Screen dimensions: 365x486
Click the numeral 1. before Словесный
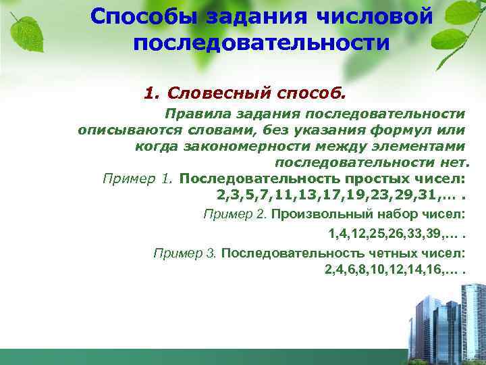[151, 91]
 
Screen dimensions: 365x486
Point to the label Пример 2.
[236, 214]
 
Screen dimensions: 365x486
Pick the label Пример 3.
[184, 253]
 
